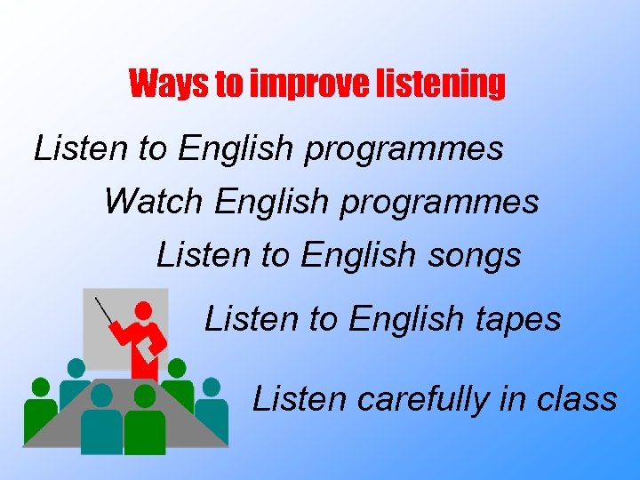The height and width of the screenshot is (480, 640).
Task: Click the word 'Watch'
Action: [x=153, y=202]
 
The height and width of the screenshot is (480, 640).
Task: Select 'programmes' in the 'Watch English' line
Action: [x=439, y=204]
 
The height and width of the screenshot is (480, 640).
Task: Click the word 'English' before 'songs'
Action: [x=358, y=255]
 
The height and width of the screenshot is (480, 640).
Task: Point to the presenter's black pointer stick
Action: [x=106, y=312]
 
